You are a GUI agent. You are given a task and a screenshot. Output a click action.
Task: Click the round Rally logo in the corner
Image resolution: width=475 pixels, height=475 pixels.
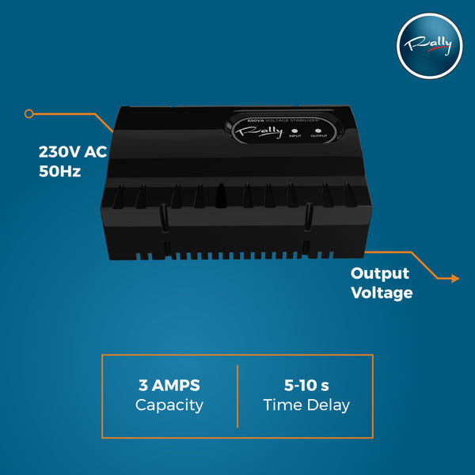[x=430, y=46]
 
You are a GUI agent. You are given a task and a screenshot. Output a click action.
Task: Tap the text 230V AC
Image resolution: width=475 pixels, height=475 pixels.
[x=73, y=152]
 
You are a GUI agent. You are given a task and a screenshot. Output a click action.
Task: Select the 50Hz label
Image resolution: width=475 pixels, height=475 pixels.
[x=59, y=172]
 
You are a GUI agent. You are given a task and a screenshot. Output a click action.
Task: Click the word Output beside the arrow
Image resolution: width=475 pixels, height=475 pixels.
[x=380, y=274]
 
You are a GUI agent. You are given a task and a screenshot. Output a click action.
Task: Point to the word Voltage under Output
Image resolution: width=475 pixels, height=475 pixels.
[x=382, y=293]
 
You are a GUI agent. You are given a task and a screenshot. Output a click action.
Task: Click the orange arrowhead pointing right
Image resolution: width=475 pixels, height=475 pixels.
[x=455, y=279]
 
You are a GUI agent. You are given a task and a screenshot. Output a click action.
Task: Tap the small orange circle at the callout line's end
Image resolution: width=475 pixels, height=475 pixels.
[x=29, y=114]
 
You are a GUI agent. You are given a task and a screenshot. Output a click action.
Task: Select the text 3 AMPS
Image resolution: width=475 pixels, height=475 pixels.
[x=169, y=386]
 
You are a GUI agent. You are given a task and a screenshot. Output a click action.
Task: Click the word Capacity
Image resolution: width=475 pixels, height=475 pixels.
[x=169, y=405]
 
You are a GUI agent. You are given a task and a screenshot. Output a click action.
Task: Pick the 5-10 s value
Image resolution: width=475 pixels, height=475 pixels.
[x=306, y=386]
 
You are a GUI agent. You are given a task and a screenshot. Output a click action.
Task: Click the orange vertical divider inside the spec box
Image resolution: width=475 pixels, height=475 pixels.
[x=237, y=397]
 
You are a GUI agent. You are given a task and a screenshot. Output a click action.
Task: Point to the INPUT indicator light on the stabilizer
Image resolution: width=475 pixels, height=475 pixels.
[x=294, y=131]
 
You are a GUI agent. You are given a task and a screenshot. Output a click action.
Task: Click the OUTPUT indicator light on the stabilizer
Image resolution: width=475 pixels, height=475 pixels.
[x=317, y=131]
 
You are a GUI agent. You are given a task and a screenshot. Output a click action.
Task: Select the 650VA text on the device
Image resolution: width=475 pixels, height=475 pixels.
[x=256, y=120]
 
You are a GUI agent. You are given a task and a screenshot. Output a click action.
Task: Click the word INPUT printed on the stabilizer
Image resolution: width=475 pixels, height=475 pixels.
[x=294, y=136]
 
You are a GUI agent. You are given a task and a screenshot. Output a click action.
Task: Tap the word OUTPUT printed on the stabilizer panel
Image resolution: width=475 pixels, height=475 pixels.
[x=319, y=135]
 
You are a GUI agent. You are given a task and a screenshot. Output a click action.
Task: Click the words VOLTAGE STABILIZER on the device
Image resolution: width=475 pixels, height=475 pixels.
[x=292, y=120]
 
